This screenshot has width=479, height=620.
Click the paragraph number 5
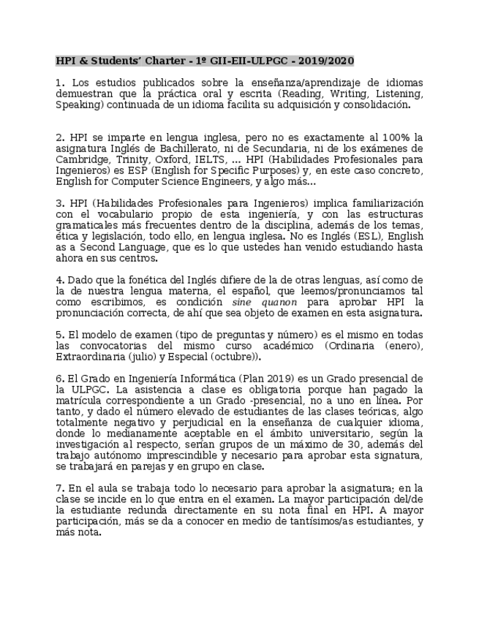click(x=59, y=335)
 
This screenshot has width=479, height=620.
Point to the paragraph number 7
click(x=59, y=488)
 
